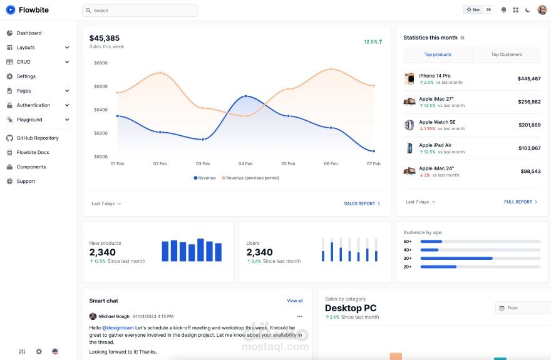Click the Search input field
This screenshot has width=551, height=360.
tap(140, 11)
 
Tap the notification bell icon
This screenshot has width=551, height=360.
tap(503, 10)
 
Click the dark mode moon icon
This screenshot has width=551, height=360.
tap(527, 10)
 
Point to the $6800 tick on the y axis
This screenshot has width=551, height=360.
tap(101, 63)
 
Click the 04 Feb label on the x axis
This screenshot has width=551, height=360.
tap(245, 163)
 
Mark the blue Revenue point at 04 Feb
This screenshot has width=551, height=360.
tap(245, 96)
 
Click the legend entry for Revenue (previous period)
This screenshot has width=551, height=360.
tap(250, 178)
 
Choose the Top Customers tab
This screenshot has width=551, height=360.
tap(507, 54)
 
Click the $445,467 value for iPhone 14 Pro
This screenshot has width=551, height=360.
tap(529, 79)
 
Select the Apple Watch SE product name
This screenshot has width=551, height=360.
tap(437, 122)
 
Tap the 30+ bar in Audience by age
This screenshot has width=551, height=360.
tap(456, 258)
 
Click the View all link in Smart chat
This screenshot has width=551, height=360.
tap(295, 301)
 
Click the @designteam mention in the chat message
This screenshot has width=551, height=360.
tap(118, 327)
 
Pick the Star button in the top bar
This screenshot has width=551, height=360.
tap(473, 10)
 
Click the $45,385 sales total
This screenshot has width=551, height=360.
tap(105, 38)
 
